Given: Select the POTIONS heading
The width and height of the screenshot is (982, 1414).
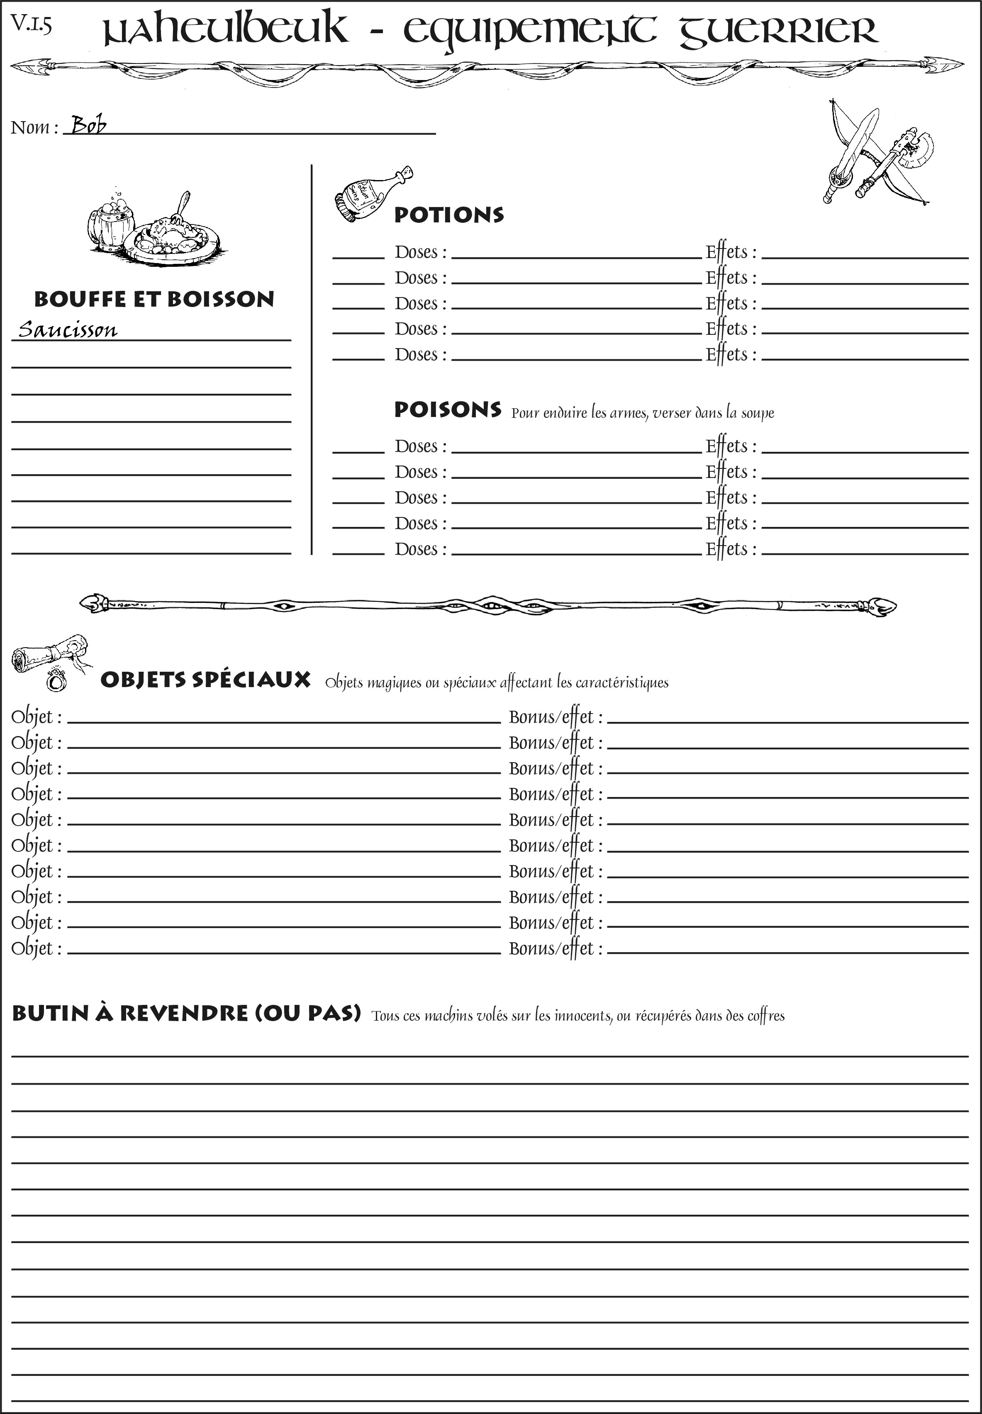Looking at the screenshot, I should (x=448, y=215).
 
